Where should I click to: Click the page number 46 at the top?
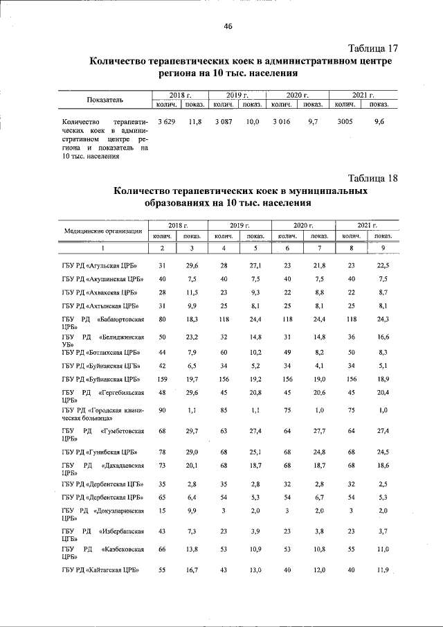[228, 26]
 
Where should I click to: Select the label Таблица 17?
[373, 48]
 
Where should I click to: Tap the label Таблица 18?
[373, 177]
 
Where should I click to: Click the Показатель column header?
[105, 100]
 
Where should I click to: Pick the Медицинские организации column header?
[104, 231]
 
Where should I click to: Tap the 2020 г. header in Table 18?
[304, 226]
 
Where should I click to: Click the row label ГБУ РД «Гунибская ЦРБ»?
[100, 452]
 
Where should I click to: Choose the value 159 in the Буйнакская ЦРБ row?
[163, 379]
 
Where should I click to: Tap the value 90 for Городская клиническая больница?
[163, 410]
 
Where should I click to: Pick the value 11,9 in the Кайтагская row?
[383, 570]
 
